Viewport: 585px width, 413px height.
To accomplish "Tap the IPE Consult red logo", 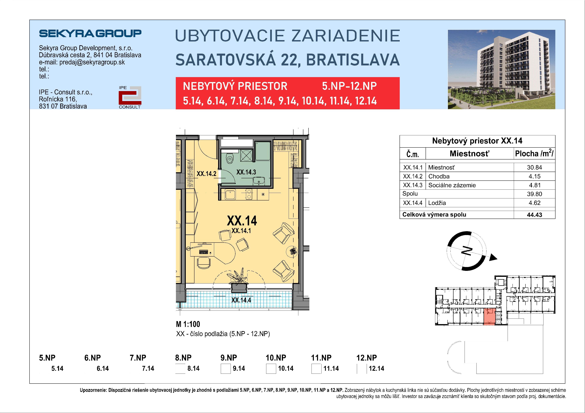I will click(130, 97).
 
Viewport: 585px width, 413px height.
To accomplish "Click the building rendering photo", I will click(501, 69).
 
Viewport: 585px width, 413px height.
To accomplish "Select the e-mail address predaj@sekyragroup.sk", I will click(92, 62).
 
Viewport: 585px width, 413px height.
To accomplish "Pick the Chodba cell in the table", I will click(439, 176).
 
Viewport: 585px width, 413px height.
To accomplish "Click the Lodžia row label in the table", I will click(437, 203).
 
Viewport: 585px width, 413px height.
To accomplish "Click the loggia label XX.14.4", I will click(241, 300).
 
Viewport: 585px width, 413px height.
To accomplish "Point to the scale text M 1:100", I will click(188, 324).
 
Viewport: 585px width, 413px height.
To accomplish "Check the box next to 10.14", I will click(271, 369).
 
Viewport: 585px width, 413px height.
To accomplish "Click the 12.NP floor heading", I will click(366, 358).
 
